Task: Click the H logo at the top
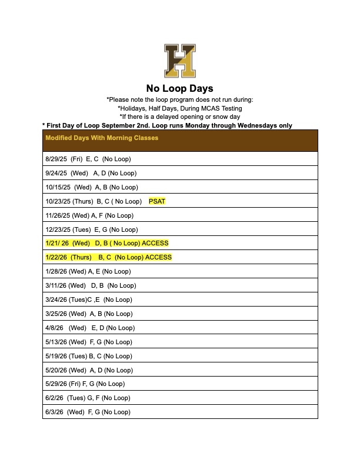179,61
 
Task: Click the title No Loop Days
179,89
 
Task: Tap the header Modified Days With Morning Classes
102,138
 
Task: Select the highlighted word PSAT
157,201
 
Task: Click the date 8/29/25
56,159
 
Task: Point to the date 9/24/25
56,173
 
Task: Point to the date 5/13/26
56,342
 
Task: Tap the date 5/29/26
56,384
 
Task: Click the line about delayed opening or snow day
179,116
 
